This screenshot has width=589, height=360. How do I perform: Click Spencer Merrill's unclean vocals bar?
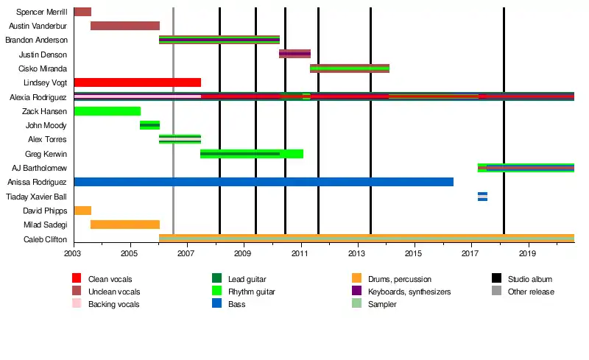82,12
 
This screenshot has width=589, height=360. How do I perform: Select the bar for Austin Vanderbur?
125,26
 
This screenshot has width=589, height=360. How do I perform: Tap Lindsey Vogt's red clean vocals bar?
138,82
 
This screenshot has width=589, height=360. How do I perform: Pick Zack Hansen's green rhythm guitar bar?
107,111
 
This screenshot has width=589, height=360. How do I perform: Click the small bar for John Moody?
150,125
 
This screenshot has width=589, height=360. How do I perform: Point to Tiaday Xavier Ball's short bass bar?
483,197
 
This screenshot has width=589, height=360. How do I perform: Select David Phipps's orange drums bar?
82,211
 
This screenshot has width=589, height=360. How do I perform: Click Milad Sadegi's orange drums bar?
125,225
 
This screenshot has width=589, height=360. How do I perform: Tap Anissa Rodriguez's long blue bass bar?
264,182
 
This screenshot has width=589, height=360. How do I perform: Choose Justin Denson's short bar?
295,54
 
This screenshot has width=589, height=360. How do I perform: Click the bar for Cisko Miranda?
350,68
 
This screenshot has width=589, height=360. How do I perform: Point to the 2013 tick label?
356,253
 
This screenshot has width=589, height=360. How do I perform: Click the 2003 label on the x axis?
72,253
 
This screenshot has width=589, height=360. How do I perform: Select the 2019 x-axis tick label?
527,253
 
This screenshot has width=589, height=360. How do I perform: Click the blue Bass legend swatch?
216,303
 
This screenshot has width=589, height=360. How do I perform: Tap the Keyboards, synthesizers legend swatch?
357,291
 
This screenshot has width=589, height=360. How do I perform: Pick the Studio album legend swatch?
496,278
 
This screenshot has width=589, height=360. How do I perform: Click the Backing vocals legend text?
114,304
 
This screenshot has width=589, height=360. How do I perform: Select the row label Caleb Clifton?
45,239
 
